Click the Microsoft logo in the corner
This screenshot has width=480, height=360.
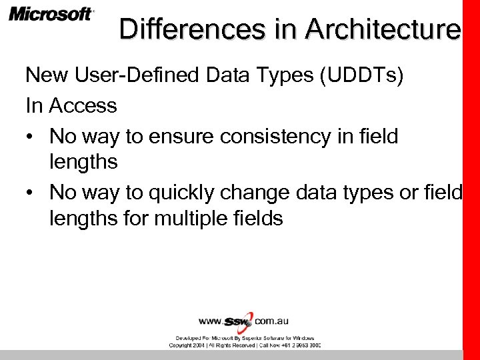[51, 14]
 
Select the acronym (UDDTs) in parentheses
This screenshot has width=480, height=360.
[361, 75]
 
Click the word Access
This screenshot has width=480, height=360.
[83, 105]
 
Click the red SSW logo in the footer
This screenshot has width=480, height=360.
[239, 321]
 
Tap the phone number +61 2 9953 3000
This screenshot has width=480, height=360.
[299, 345]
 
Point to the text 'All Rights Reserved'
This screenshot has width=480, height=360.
[233, 345]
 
